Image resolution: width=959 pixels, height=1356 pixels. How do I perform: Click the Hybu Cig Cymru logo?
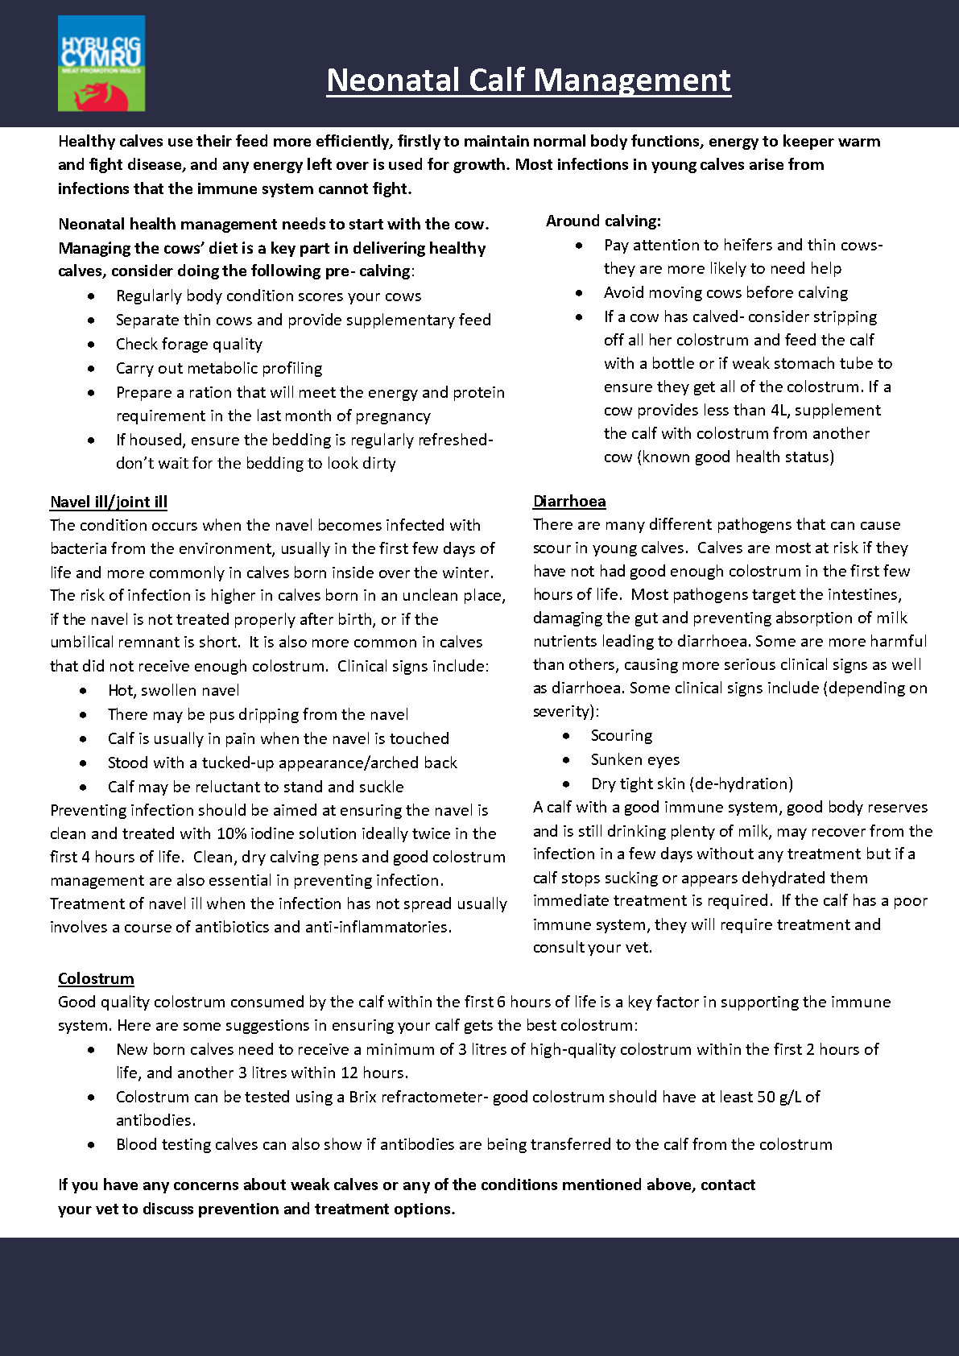(101, 63)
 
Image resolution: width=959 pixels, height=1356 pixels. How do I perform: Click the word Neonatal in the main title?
(393, 81)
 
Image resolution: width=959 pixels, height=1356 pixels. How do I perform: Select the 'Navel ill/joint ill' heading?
(109, 502)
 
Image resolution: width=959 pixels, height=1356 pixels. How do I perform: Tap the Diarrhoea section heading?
(569, 501)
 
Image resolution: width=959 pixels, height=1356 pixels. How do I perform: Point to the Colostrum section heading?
(96, 978)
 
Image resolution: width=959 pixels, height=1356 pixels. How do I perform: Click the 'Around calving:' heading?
(603, 221)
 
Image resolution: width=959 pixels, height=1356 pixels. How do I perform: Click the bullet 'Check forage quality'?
(189, 344)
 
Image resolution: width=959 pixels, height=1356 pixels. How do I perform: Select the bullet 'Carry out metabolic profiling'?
(219, 368)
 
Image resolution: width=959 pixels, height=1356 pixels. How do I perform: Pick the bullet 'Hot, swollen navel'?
(173, 690)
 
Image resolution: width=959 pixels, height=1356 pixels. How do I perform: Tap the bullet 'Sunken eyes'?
(635, 759)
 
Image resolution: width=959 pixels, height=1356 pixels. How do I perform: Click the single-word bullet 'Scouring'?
(622, 735)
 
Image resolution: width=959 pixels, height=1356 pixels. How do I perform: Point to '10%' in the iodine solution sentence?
(231, 833)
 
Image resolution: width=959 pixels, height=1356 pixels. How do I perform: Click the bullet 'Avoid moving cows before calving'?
(725, 292)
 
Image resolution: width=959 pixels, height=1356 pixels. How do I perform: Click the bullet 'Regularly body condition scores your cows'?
(268, 296)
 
